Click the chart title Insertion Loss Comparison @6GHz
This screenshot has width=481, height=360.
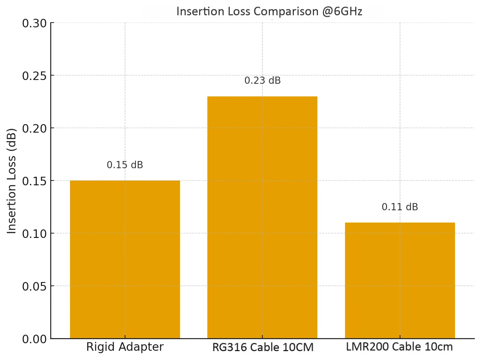click(x=269, y=11)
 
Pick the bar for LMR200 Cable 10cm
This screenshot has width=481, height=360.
click(x=400, y=280)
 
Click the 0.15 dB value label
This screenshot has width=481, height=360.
click(x=125, y=165)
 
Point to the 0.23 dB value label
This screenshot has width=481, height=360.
click(x=262, y=80)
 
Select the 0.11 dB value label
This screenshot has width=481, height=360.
click(x=400, y=207)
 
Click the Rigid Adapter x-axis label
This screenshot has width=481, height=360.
click(x=125, y=347)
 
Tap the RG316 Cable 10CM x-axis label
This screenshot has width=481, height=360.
click(x=263, y=347)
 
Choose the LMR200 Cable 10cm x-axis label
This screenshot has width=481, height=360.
click(x=399, y=347)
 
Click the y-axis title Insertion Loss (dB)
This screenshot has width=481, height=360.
click(x=12, y=181)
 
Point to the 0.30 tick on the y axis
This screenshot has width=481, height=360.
click(x=35, y=23)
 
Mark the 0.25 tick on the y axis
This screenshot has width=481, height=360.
click(x=35, y=76)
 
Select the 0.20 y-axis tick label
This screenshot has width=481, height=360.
click(x=35, y=129)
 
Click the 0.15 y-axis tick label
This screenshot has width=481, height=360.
click(x=35, y=181)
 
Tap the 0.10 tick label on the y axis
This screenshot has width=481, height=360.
click(x=35, y=234)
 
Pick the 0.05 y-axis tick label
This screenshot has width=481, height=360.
click(x=35, y=286)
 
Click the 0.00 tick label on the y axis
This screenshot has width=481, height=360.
click(x=35, y=339)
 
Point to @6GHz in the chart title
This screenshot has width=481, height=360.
click(x=342, y=11)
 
